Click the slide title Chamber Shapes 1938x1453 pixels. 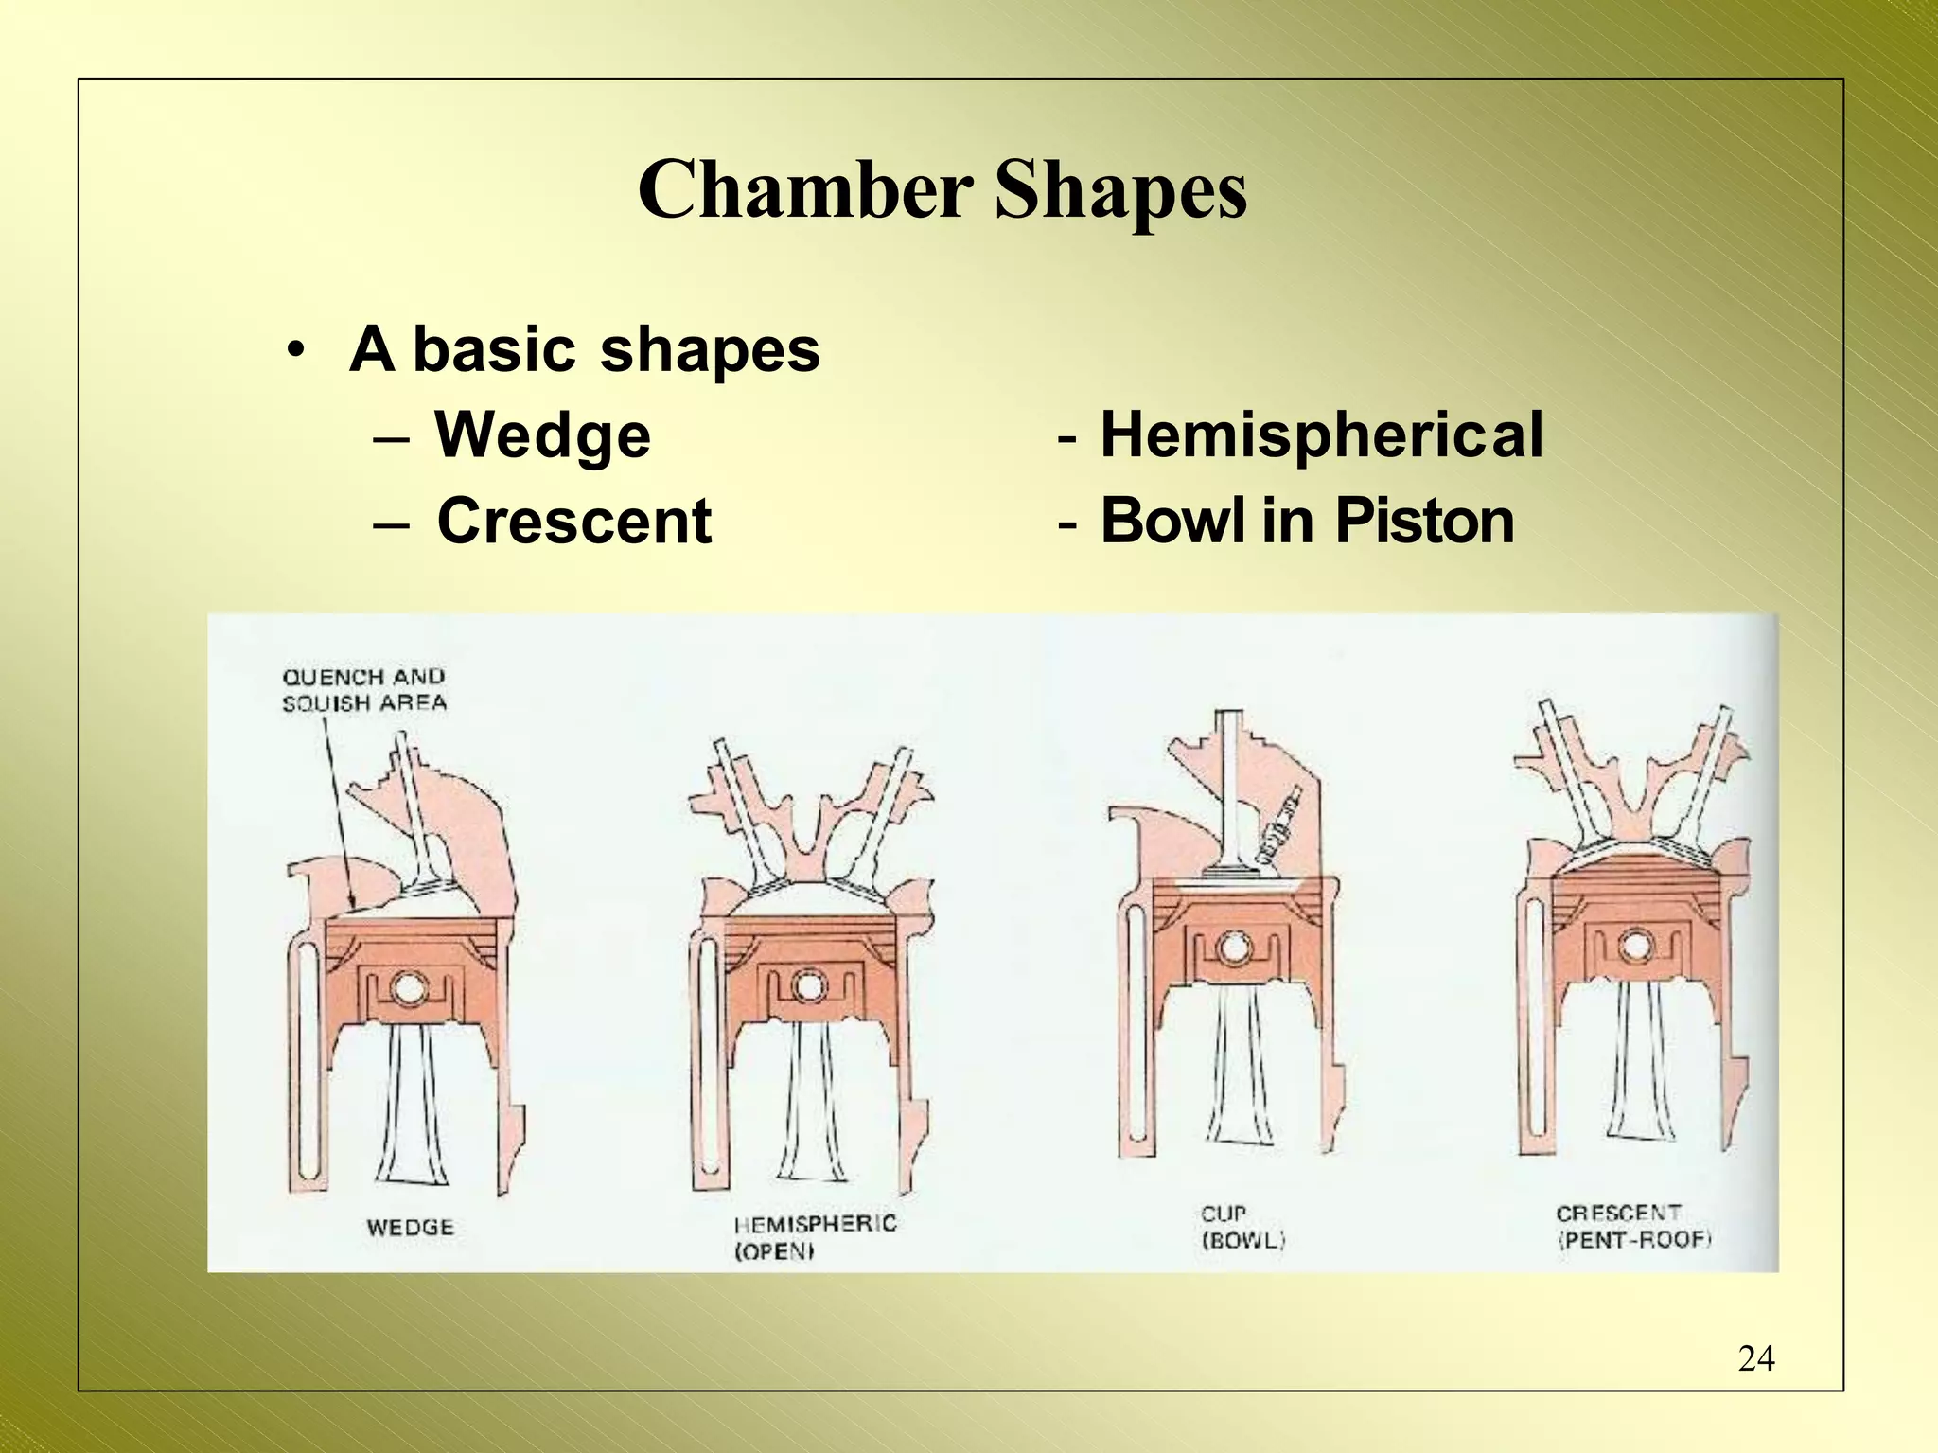[x=943, y=189]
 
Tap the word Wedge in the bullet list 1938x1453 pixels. [x=542, y=435]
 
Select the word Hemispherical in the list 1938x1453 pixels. [x=1321, y=435]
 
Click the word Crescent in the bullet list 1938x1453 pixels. [x=573, y=522]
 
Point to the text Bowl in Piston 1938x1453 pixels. [x=1307, y=522]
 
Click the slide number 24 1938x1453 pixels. [x=1755, y=1358]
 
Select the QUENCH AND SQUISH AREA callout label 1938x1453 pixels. [x=364, y=690]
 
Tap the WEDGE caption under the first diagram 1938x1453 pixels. [x=411, y=1228]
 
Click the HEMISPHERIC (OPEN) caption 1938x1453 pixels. [x=815, y=1237]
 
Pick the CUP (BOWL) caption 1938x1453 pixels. [x=1242, y=1227]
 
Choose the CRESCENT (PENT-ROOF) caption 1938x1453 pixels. [x=1633, y=1226]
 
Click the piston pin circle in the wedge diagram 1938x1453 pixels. [x=411, y=988]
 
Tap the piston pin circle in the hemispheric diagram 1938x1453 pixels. [x=809, y=986]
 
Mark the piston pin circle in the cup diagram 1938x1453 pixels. [x=1234, y=948]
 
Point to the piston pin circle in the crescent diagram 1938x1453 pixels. [x=1634, y=946]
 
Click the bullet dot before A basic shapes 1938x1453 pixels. [x=297, y=350]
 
